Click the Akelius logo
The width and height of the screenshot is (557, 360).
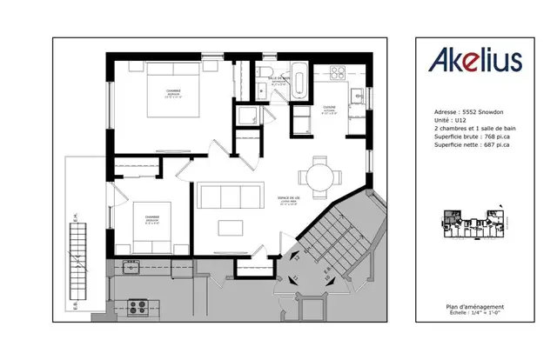pyautogui.click(x=473, y=60)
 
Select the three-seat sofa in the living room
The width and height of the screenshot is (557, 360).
pyautogui.click(x=229, y=194)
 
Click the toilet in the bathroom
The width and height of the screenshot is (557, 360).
pyautogui.click(x=265, y=74)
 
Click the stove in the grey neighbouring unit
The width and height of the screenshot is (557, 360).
pyautogui.click(x=138, y=306)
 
